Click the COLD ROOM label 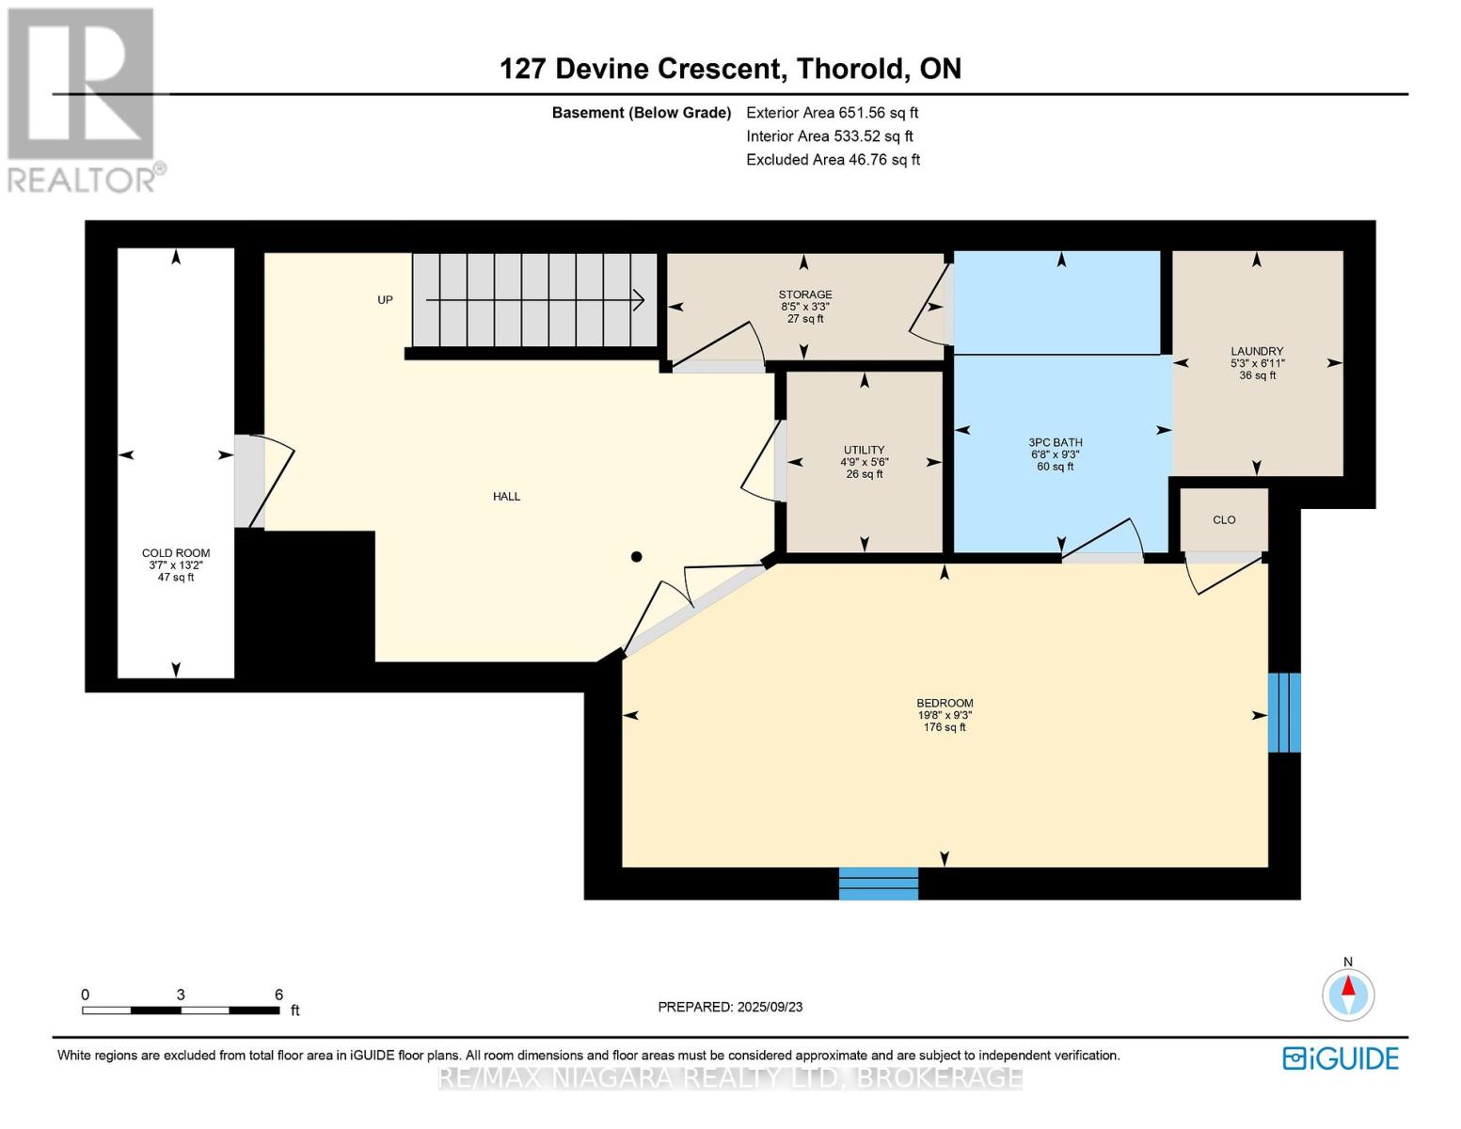[176, 553]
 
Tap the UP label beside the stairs [385, 300]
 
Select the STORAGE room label [805, 294]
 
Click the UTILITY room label [864, 450]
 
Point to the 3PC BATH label [1055, 442]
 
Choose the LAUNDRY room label [1257, 351]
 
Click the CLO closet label [1224, 520]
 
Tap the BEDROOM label [945, 703]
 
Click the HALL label [506, 497]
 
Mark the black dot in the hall [636, 557]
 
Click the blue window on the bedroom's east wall [1284, 712]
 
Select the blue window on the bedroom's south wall [879, 883]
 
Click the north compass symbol [1348, 994]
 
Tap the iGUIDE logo [1341, 1058]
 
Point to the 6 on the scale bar [278, 994]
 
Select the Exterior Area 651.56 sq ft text [832, 113]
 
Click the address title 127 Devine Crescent [641, 69]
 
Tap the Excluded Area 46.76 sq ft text [833, 160]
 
